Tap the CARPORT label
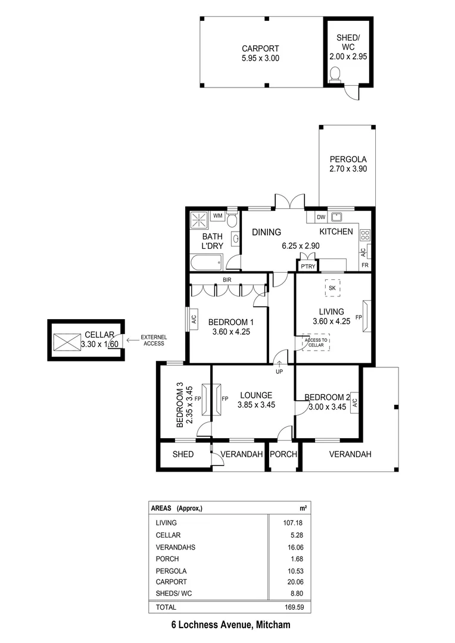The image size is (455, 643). (260, 49)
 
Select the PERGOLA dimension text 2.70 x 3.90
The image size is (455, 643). (348, 169)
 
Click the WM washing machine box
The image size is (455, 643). (217, 216)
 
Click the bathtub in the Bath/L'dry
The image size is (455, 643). (206, 261)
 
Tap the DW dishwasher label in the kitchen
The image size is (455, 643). (320, 217)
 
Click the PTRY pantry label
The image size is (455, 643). (307, 267)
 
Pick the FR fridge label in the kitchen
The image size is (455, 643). (364, 264)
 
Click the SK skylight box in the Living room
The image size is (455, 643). (332, 288)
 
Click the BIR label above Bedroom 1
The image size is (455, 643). (227, 279)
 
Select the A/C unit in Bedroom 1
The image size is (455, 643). (194, 319)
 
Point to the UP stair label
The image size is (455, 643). (279, 372)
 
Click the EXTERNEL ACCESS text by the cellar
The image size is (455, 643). (154, 341)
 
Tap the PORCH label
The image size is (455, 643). (283, 454)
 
